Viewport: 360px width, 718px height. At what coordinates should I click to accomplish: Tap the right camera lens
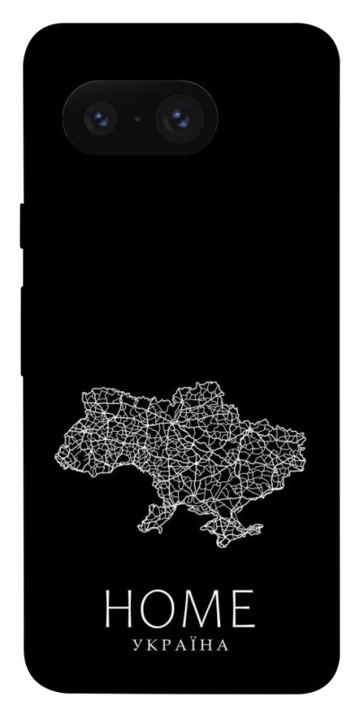[179, 117]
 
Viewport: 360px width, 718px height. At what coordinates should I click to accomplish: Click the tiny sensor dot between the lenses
[138, 118]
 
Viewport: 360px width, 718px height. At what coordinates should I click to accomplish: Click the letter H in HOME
[119, 609]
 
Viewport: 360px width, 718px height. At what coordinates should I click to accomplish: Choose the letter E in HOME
[241, 609]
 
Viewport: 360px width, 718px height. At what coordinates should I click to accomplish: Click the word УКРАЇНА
[180, 645]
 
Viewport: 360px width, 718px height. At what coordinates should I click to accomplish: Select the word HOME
[180, 609]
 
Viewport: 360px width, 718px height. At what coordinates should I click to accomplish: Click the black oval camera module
[138, 117]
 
